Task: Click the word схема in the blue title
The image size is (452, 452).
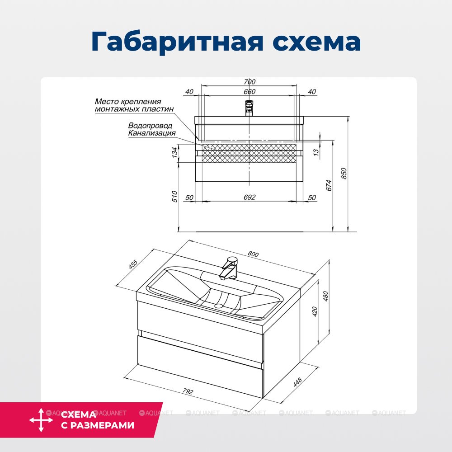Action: (316, 42)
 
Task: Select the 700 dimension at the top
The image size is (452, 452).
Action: (250, 82)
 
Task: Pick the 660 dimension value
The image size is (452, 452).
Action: (250, 92)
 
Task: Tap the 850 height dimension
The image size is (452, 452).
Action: (344, 174)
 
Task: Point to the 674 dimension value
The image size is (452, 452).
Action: (329, 185)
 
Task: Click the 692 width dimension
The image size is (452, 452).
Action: (250, 197)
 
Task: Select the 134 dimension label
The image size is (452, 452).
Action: (174, 152)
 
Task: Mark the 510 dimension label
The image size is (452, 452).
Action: (174, 196)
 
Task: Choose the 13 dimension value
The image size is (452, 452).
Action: (316, 152)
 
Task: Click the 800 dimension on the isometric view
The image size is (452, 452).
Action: (253, 254)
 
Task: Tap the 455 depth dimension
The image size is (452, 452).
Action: (133, 264)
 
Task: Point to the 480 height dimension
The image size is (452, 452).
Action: (325, 297)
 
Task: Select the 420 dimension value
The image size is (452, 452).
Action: (315, 311)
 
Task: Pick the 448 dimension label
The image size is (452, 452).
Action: (297, 382)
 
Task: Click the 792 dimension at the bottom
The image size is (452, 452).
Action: (188, 391)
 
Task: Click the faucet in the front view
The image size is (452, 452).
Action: (249, 108)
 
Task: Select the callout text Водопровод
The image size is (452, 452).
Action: (150, 126)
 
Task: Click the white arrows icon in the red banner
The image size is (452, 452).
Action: (41, 420)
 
